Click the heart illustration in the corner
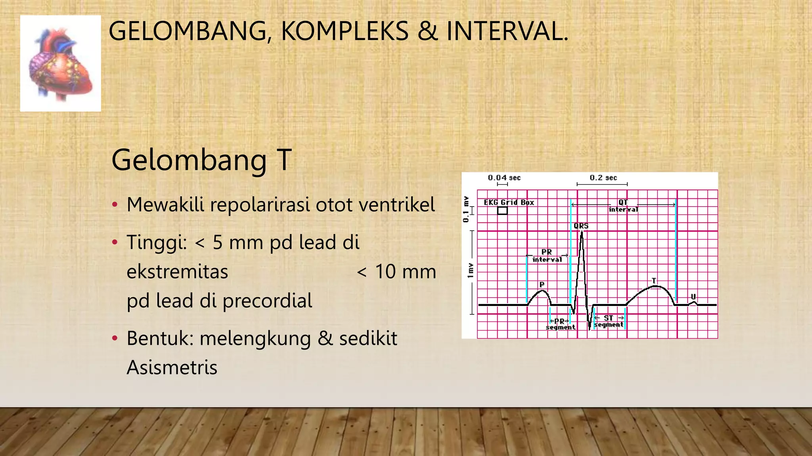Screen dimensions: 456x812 [x=61, y=63]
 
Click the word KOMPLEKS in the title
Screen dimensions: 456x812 [x=345, y=31]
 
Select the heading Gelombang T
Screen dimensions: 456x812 [x=201, y=160]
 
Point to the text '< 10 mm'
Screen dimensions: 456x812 [x=396, y=272]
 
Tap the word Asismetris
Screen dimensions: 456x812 [x=172, y=367]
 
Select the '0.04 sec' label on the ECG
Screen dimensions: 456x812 [x=504, y=178]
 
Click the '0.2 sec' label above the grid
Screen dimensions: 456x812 [x=603, y=178]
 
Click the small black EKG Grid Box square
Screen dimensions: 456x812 [x=502, y=211]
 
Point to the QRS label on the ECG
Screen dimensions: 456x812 [x=581, y=226]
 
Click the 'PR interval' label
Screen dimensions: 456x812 [x=547, y=256]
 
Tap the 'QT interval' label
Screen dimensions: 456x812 [x=623, y=206]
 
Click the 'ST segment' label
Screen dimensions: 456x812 [x=609, y=321]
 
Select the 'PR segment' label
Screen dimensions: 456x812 [x=560, y=324]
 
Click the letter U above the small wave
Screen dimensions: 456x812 [x=693, y=296]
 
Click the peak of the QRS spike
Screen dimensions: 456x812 [x=582, y=233]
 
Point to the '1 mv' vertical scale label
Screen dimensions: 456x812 [x=470, y=270]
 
